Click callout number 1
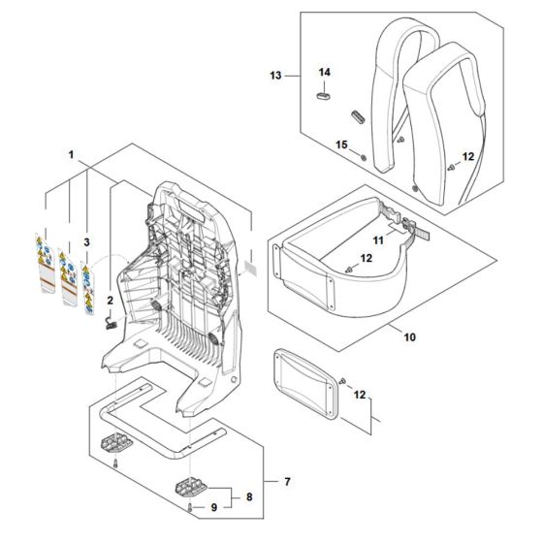pos(71,154)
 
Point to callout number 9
pos(215,508)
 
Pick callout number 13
pos(274,75)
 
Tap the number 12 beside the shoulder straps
pos(468,156)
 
